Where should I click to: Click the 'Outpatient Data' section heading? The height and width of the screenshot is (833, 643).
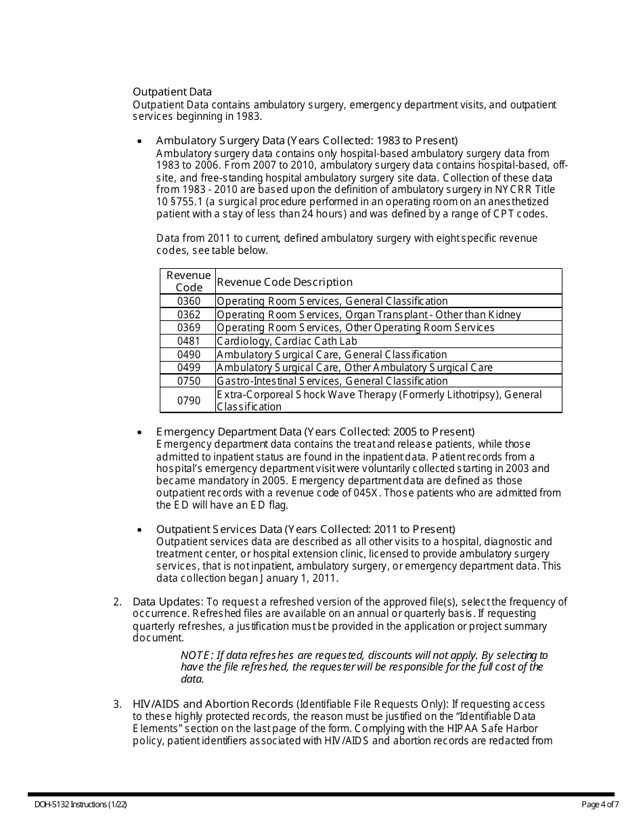[x=172, y=91]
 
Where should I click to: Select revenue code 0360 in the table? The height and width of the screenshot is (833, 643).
[x=189, y=301]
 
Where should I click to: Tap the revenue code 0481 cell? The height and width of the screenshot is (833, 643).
[x=189, y=341]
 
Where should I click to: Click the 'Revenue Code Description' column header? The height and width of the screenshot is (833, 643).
[x=284, y=282]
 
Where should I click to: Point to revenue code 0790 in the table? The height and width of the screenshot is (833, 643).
[x=189, y=400]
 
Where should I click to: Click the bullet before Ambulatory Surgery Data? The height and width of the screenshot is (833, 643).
[x=139, y=142]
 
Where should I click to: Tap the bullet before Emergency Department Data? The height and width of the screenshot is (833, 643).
[x=139, y=432]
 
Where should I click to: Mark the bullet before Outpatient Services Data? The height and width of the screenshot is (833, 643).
[x=139, y=530]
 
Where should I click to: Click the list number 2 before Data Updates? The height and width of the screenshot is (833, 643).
[x=117, y=601]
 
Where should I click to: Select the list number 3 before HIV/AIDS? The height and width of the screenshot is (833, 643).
[x=117, y=704]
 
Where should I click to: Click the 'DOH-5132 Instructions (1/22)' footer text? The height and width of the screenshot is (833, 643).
[x=81, y=805]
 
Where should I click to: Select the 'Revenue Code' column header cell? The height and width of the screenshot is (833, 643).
[x=189, y=281]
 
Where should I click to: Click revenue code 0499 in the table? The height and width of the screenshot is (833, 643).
[x=189, y=367]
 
